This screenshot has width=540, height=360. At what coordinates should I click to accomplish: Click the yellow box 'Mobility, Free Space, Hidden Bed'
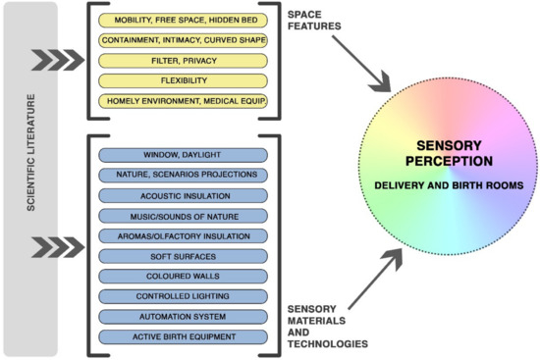coord(184,20)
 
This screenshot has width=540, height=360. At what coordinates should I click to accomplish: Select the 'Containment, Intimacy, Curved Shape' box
coord(184,40)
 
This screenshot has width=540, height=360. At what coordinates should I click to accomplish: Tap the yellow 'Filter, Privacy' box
coord(184,61)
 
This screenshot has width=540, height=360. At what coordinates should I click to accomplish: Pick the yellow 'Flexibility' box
coord(184,81)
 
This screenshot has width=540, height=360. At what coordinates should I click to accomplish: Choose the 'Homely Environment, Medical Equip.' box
coord(184,102)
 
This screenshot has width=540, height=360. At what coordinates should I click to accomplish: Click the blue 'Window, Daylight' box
coord(184,154)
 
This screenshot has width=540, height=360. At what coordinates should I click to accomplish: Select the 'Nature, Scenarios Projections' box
coord(184,175)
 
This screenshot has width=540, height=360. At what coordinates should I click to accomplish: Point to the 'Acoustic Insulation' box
coord(184,195)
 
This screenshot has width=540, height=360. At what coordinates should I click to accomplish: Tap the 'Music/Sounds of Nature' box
coord(184,216)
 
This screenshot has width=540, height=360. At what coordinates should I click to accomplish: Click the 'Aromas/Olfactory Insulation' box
coord(184,236)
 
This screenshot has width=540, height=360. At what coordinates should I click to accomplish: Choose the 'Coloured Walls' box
coord(184,277)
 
